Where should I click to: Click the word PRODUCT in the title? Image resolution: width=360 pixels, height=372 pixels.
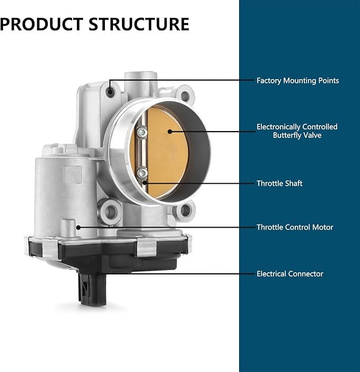click(x=41, y=24)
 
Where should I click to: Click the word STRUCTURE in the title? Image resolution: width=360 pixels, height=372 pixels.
click(x=139, y=24)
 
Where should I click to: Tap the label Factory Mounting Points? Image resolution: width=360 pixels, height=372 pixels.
click(x=297, y=81)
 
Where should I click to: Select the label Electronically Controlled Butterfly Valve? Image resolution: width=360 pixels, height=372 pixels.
click(x=297, y=131)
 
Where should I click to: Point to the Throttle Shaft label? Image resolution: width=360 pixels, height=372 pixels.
click(x=279, y=184)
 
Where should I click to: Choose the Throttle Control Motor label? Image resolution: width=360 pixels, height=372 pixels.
click(x=295, y=227)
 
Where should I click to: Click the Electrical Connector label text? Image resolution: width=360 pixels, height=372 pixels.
click(x=290, y=274)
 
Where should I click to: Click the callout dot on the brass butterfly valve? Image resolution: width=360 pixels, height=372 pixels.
click(x=170, y=131)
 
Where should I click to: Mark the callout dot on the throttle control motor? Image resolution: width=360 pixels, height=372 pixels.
click(x=78, y=228)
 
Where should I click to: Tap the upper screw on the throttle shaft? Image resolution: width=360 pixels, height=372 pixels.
click(x=142, y=132)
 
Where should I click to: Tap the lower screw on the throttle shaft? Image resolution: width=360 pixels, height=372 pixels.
click(x=142, y=172)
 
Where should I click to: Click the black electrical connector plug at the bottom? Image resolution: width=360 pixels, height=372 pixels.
click(x=92, y=289)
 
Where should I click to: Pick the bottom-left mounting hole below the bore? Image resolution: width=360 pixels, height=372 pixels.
click(x=110, y=211)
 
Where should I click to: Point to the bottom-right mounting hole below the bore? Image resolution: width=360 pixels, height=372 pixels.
click(x=186, y=210)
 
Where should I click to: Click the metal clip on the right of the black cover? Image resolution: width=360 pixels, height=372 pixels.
click(x=146, y=247)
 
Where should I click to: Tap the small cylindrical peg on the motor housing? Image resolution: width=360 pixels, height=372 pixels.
click(x=68, y=228)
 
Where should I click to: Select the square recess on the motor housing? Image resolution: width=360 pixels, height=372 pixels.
click(x=73, y=175)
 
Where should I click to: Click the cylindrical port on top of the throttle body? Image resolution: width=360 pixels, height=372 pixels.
click(x=141, y=84)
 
